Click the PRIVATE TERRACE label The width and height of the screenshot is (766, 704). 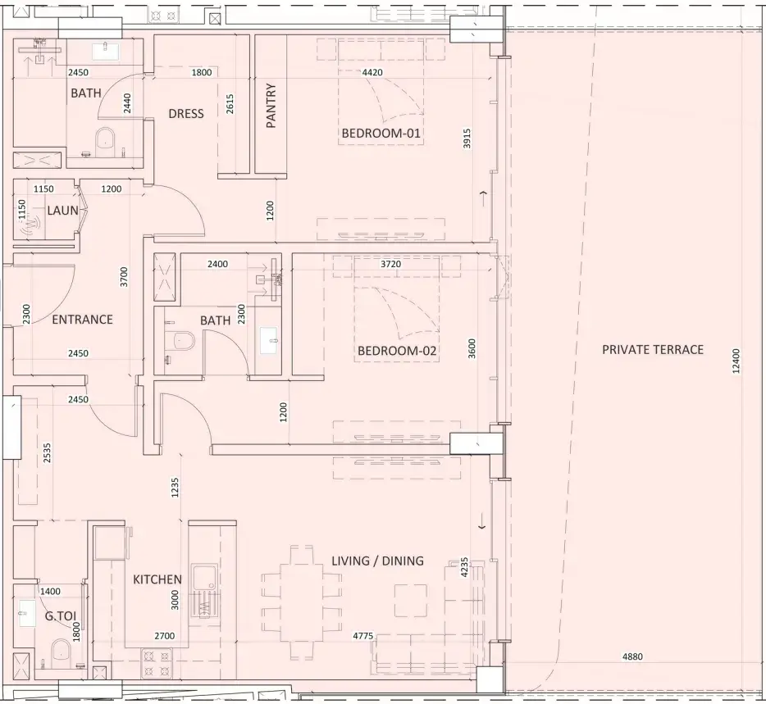tap(653, 350)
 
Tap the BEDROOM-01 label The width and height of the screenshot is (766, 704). tap(381, 134)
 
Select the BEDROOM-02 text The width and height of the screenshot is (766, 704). tap(397, 351)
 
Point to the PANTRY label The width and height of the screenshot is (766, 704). tap(271, 106)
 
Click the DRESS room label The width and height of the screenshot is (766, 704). tap(186, 114)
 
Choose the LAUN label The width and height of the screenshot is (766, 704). tap(62, 211)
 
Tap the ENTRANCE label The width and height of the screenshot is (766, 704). tap(83, 320)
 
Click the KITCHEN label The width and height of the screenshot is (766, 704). tap(157, 579)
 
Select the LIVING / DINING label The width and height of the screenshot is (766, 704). tap(377, 561)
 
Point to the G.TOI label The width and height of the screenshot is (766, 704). tap(61, 616)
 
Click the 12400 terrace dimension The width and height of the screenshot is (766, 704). tap(736, 361)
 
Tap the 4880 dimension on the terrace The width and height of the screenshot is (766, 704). tap(632, 656)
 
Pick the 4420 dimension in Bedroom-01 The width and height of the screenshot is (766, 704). tap(372, 72)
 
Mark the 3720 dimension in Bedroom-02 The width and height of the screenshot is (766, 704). tap(391, 264)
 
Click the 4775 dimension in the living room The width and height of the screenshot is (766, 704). tap(363, 636)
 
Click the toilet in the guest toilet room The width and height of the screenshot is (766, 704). tap(62, 650)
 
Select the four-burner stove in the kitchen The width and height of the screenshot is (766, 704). tap(157, 664)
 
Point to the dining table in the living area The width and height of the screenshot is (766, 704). tap(302, 603)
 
